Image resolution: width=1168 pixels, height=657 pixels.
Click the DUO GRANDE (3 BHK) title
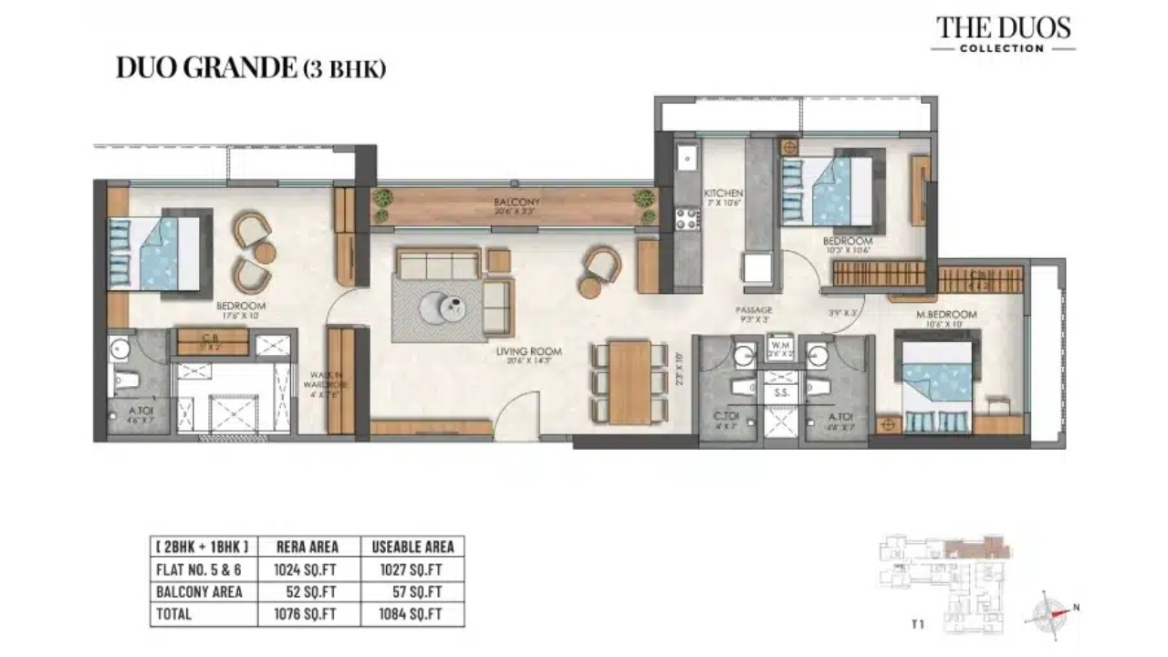251,68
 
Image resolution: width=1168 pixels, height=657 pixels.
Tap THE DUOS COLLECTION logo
1004,34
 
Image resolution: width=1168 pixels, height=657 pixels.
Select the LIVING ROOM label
529,351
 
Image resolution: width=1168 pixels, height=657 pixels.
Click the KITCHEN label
723,193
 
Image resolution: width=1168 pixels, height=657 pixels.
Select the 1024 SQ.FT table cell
306,569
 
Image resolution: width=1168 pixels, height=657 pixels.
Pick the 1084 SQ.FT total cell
411,614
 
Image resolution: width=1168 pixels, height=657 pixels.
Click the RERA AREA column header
307,547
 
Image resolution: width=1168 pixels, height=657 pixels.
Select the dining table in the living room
629,381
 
